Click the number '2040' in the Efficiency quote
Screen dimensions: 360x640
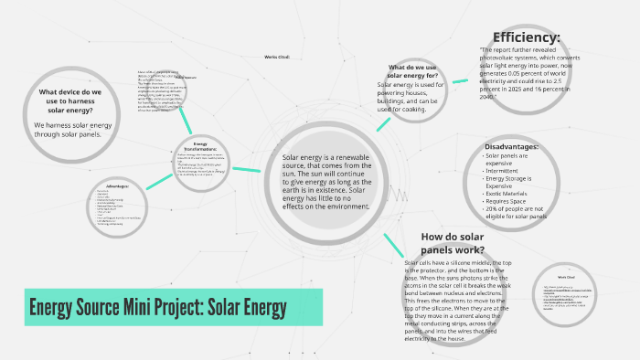click(x=489, y=96)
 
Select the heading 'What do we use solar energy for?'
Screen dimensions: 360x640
click(x=420, y=72)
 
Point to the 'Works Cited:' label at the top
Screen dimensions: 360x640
click(x=277, y=57)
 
